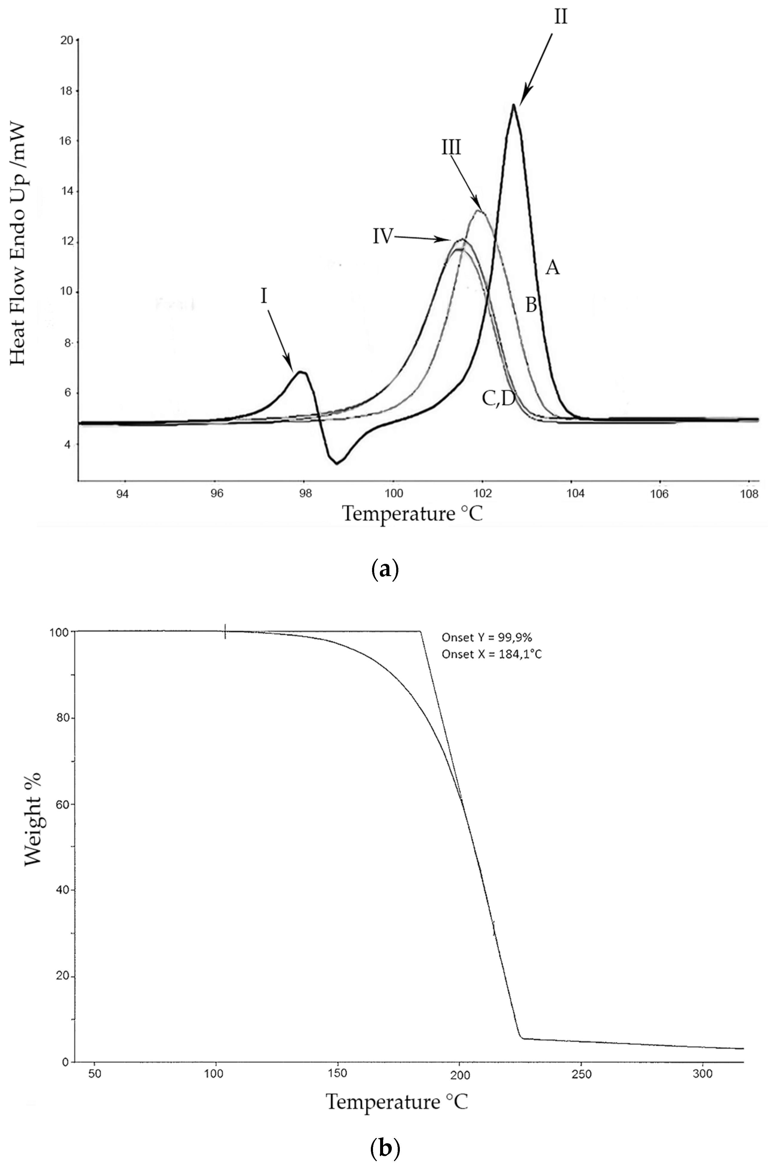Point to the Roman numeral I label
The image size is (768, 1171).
pyautogui.click(x=264, y=297)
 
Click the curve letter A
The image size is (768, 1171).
pyautogui.click(x=552, y=268)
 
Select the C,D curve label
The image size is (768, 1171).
pyautogui.click(x=498, y=399)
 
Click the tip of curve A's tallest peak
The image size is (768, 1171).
pyautogui.click(x=514, y=105)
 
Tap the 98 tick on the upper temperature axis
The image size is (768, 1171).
pyautogui.click(x=305, y=493)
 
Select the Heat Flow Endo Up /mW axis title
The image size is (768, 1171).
pyautogui.click(x=18, y=245)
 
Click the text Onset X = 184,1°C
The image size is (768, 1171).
pyautogui.click(x=491, y=654)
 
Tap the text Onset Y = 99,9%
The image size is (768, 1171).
pyautogui.click(x=486, y=637)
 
